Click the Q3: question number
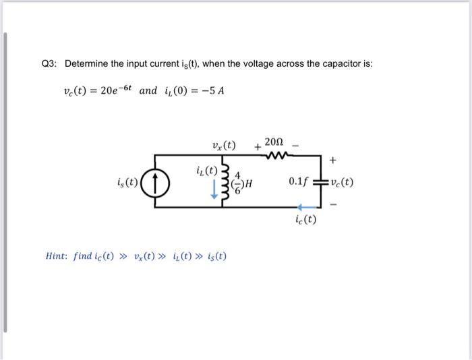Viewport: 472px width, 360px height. point(50,64)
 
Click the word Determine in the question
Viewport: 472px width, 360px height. point(87,64)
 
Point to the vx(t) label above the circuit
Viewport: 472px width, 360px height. point(224,144)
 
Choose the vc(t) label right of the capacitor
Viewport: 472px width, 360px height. point(341,183)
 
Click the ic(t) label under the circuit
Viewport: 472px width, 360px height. point(305,220)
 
